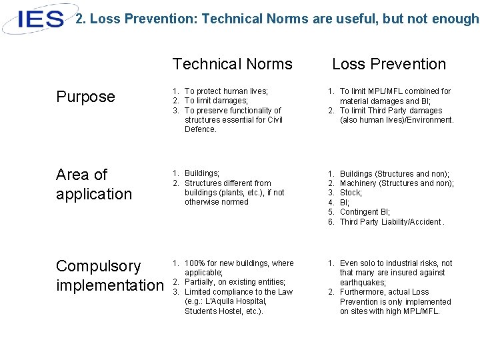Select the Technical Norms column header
tap(232, 64)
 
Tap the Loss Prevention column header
tap(389, 64)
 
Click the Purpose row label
tap(85, 97)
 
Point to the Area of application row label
tap(94, 184)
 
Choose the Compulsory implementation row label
tap(109, 275)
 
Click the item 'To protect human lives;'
tap(226, 91)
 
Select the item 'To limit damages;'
tap(216, 101)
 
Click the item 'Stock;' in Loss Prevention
tap(351, 193)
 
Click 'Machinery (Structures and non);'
tap(397, 183)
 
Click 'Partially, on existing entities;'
tap(235, 282)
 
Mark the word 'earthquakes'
tap(363, 283)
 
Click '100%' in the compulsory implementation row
tap(194, 263)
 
